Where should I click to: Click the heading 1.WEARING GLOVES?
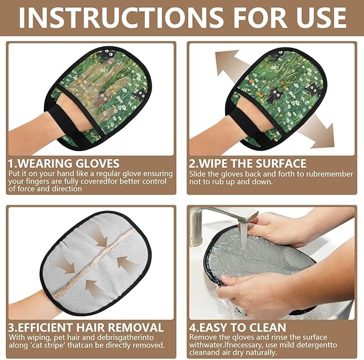(x=63, y=163)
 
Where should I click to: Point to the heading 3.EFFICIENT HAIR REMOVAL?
(x=86, y=327)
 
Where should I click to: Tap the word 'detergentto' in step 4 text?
(x=322, y=345)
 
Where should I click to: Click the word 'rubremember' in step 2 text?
(x=326, y=174)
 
